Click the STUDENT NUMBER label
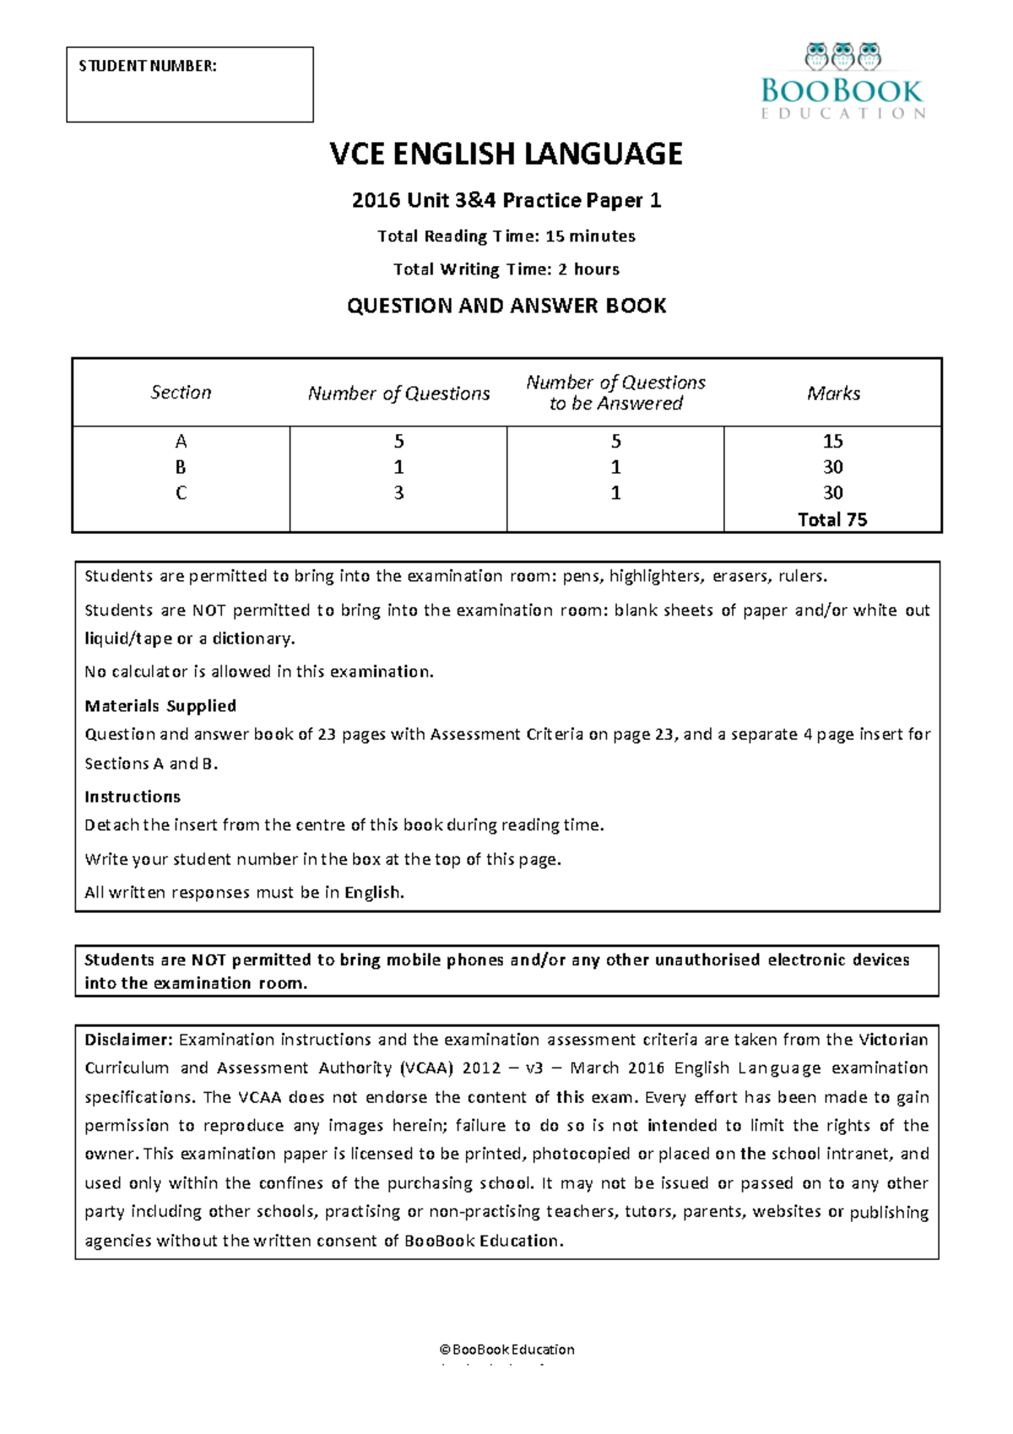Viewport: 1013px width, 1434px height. pyautogui.click(x=148, y=66)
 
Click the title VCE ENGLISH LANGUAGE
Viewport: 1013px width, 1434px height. pyautogui.click(x=506, y=154)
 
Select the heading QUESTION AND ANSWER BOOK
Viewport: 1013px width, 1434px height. pyautogui.click(x=506, y=306)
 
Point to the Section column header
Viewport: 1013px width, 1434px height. pyautogui.click(x=181, y=393)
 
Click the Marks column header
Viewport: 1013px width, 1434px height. pyautogui.click(x=833, y=394)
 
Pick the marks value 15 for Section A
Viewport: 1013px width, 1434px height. pyautogui.click(x=833, y=442)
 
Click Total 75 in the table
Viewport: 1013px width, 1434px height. pyautogui.click(x=832, y=520)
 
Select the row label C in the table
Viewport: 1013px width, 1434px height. pyautogui.click(x=181, y=493)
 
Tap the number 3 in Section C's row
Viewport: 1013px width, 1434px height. pyautogui.click(x=398, y=493)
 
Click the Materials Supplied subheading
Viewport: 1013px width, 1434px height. pyautogui.click(x=160, y=706)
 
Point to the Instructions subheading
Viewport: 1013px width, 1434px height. pyautogui.click(x=133, y=796)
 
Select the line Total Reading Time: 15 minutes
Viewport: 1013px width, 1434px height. pyautogui.click(x=506, y=236)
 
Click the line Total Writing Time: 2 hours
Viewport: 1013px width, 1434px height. pyautogui.click(x=506, y=269)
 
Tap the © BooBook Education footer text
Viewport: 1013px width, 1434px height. pyautogui.click(x=506, y=1350)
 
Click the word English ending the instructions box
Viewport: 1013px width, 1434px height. pyautogui.click(x=373, y=893)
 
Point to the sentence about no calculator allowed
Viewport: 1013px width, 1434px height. pyautogui.click(x=259, y=672)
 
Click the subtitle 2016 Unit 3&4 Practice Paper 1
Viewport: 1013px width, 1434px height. pyautogui.click(x=506, y=201)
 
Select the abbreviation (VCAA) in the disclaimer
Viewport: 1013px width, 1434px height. pyautogui.click(x=426, y=1068)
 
